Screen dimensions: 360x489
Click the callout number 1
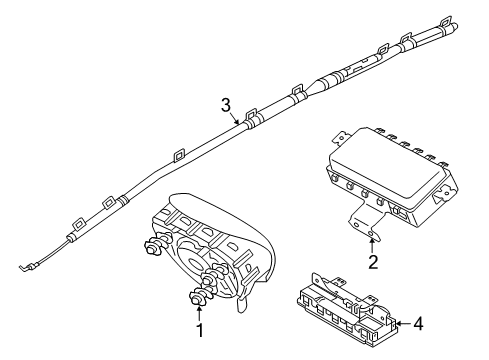tap(199, 329)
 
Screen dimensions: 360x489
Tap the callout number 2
tap(373, 263)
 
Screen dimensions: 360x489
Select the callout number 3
tap(226, 105)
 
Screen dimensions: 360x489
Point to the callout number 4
tap(419, 324)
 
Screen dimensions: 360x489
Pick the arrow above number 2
tap(373, 245)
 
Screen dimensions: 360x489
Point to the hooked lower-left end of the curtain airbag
tap(26, 265)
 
